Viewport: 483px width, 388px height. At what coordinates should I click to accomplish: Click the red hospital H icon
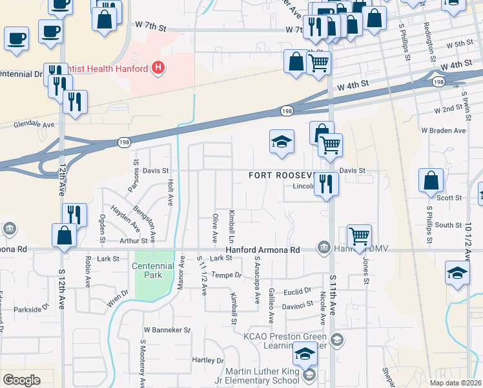pyautogui.click(x=156, y=67)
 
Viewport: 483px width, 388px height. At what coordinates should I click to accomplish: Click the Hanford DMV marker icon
pyautogui.click(x=323, y=248)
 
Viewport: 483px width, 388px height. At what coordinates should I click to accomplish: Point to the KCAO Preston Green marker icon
pyautogui.click(x=336, y=339)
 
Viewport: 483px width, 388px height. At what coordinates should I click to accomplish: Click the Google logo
pyautogui.click(x=21, y=380)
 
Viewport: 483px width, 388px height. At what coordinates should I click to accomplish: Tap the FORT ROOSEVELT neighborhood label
pyautogui.click(x=282, y=175)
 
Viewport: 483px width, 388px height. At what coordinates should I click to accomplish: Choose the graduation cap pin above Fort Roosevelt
pyautogui.click(x=282, y=142)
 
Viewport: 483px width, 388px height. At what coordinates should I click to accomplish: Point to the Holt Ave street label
pyautogui.click(x=170, y=192)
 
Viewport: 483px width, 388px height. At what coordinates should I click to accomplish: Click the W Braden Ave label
pyautogui.click(x=443, y=131)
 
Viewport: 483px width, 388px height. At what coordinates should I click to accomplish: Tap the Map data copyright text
pyautogui.click(x=456, y=382)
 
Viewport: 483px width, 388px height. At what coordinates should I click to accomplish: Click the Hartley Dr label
pyautogui.click(x=208, y=360)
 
